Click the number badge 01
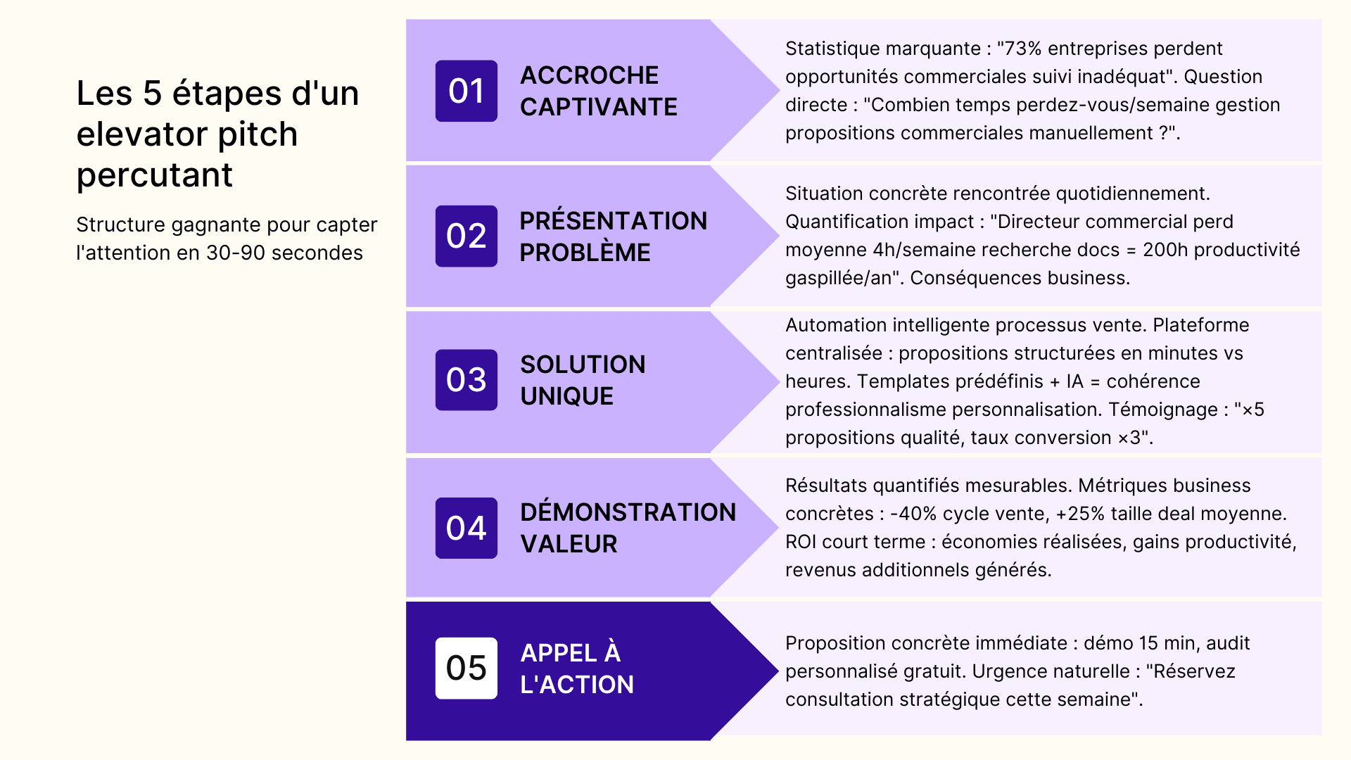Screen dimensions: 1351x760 (466, 91)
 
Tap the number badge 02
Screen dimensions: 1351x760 (466, 236)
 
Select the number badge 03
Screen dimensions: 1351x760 (466, 380)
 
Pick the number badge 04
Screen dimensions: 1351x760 (466, 528)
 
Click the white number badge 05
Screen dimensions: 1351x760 (466, 668)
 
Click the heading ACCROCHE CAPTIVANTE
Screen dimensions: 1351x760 (599, 91)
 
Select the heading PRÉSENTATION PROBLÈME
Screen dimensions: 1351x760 (614, 236)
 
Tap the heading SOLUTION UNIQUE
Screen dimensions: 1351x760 (583, 380)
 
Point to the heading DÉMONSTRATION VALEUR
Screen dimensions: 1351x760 (628, 528)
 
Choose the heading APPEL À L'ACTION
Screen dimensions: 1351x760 (577, 669)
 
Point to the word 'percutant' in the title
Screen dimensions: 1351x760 (154, 175)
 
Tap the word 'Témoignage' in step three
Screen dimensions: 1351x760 (1164, 410)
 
